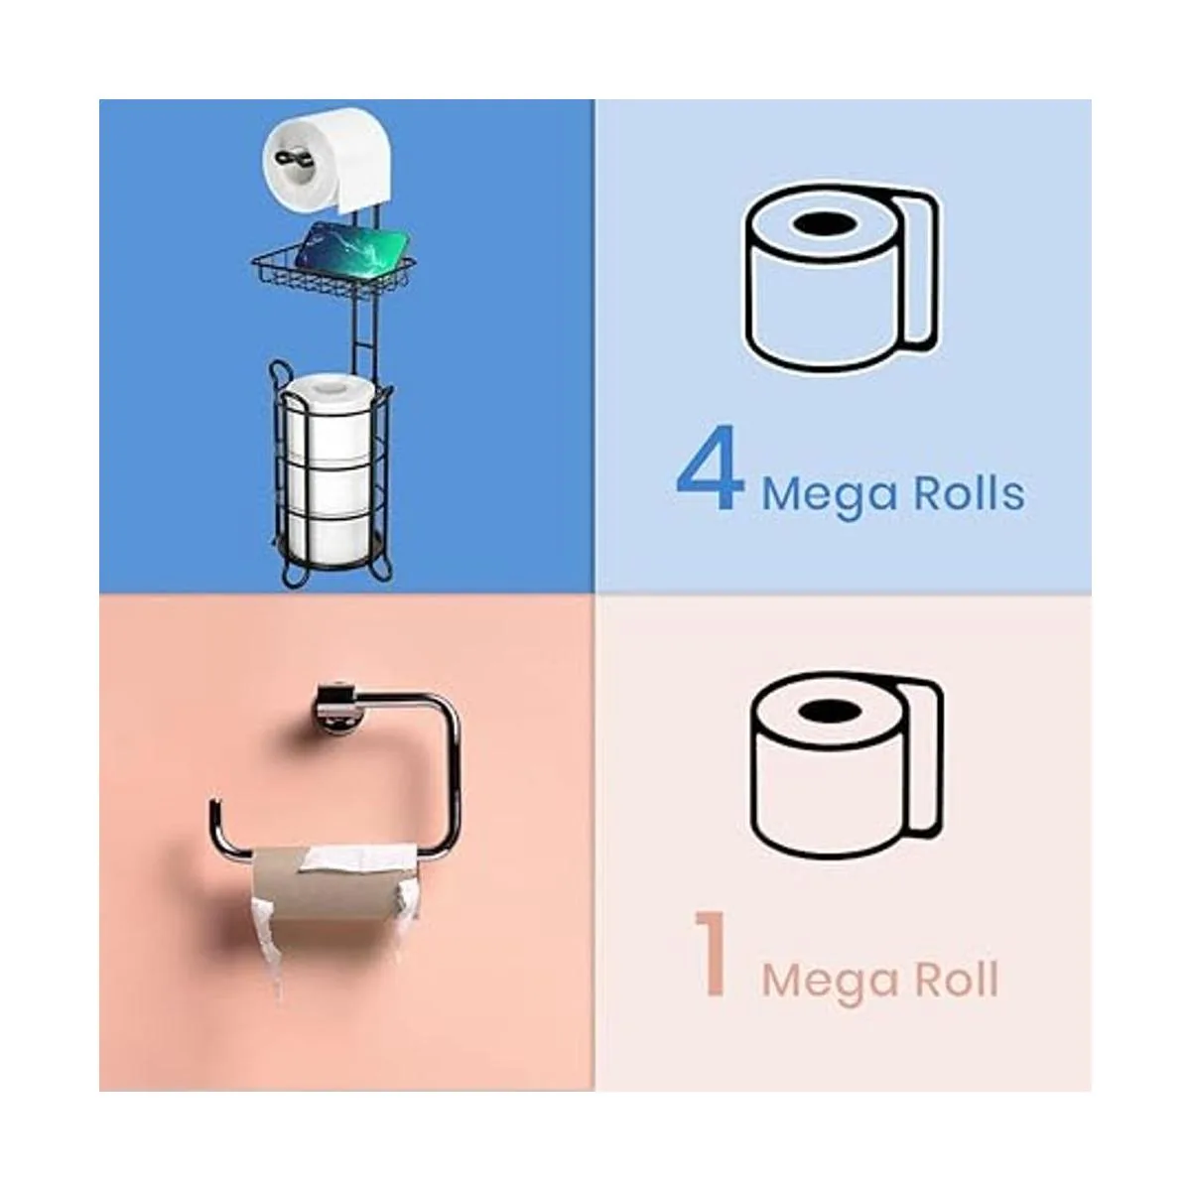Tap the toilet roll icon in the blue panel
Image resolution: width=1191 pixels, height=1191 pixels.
click(x=842, y=280)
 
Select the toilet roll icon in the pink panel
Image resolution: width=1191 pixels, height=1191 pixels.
click(x=848, y=767)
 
